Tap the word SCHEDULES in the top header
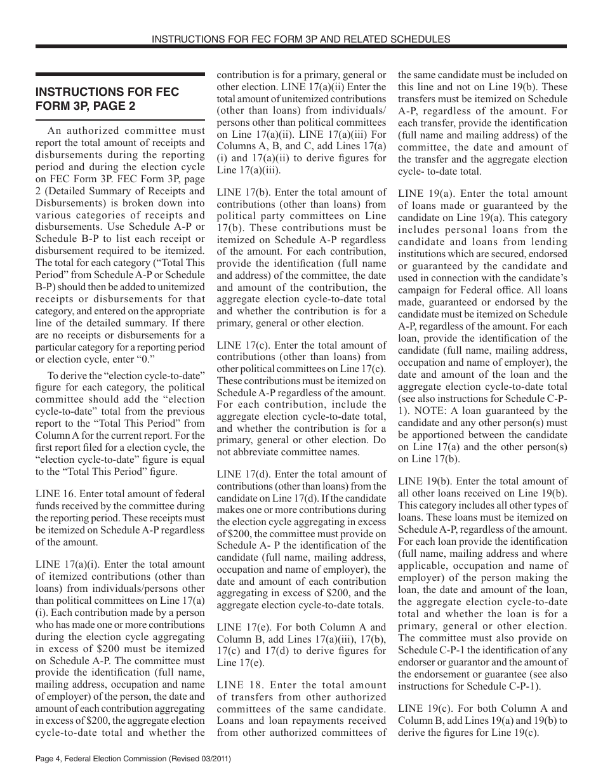coord(420,39)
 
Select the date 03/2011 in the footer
coord(212,759)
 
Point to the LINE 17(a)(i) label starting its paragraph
coord(67,564)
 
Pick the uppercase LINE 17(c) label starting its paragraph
coord(240,345)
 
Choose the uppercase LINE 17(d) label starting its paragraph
coord(240,474)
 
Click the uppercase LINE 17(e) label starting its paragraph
coord(240,627)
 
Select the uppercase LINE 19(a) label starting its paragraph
coord(421,194)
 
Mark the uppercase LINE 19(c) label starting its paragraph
coord(421,709)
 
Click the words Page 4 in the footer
coord(50,759)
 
